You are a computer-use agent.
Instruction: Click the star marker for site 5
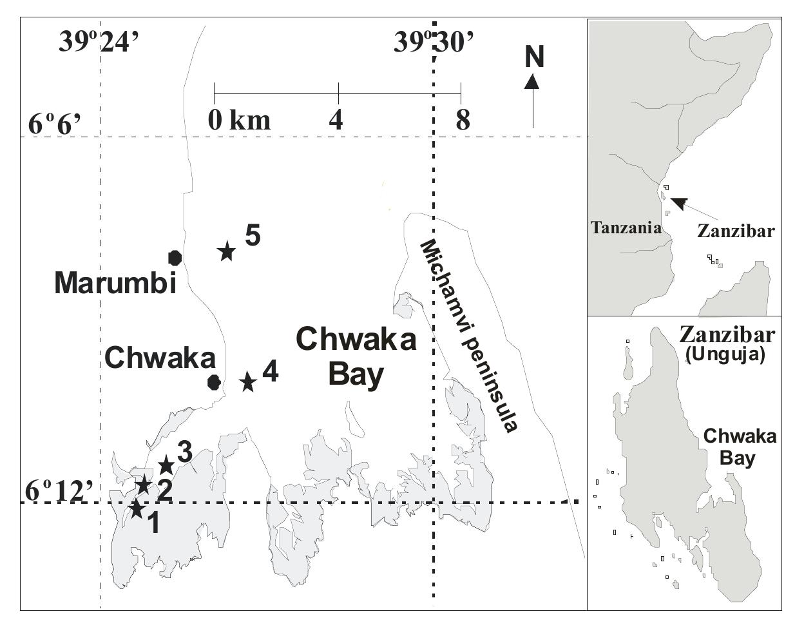pos(226,251)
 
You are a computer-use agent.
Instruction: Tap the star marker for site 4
pos(248,381)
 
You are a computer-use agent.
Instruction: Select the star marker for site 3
pos(166,464)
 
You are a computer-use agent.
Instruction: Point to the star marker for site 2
pos(143,484)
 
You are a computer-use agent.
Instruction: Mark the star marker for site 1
pos(137,508)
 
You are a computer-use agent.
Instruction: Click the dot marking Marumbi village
pos(175,258)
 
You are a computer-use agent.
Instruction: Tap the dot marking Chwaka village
pos(215,382)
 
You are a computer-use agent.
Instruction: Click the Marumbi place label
pos(115,282)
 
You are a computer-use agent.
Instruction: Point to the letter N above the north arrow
pos(534,57)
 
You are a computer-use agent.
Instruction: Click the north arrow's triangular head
pos(532,81)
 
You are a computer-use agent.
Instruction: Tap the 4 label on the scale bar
pos(336,120)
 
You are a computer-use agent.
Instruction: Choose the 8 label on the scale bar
pos(463,120)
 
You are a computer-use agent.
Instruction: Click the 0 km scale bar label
pos(239,120)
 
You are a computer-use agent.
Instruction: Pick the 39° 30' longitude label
pos(434,43)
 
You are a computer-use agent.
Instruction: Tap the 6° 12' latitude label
pos(60,491)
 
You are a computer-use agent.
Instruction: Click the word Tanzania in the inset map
pos(626,227)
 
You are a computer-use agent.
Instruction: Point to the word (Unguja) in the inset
pos(725,354)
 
